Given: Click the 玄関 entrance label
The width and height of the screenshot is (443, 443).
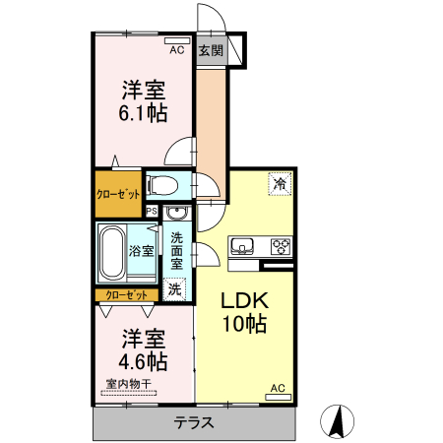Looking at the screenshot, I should (210, 51).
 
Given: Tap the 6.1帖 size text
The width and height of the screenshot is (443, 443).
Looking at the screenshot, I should (143, 113).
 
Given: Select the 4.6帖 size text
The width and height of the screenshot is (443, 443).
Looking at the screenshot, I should (143, 361).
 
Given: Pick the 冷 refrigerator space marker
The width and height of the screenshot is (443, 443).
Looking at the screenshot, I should (280, 183).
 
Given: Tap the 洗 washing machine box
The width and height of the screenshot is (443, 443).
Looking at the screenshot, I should (174, 289).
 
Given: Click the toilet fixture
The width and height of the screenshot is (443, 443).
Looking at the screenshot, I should (162, 184).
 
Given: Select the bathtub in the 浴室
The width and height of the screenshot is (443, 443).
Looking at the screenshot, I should (111, 251).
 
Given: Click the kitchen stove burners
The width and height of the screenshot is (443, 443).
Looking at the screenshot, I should (280, 246).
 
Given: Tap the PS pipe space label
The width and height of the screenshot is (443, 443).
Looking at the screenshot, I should (151, 211).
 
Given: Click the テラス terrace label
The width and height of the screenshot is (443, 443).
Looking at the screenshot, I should (195, 423).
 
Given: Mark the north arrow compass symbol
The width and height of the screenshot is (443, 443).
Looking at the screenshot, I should (340, 421).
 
